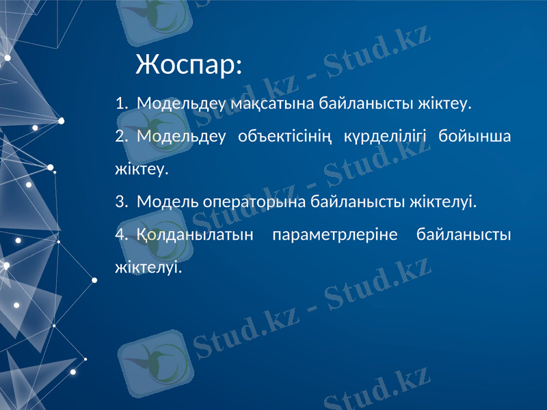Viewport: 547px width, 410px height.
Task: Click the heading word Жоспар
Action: coord(188,65)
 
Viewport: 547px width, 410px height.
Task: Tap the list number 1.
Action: coord(120,104)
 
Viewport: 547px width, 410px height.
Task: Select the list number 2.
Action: coord(120,136)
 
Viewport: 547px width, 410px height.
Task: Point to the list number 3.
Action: coord(120,202)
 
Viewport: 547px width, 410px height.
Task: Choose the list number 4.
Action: coord(120,235)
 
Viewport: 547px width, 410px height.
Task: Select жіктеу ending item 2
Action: coord(142,169)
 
